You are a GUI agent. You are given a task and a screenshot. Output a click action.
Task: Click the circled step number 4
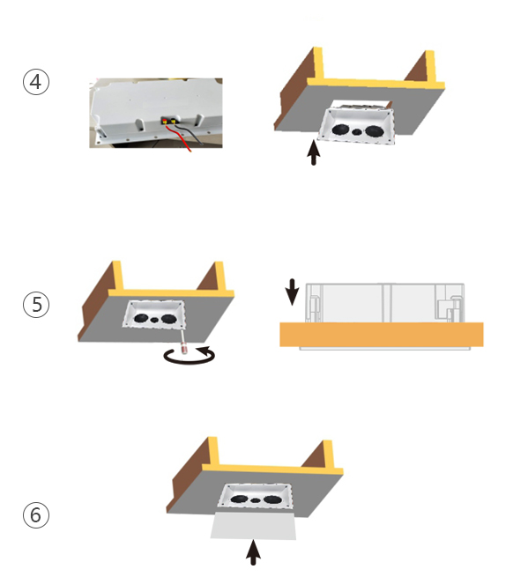point(36,82)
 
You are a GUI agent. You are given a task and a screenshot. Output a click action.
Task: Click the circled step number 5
point(36,305)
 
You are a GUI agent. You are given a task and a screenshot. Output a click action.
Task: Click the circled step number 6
point(36,515)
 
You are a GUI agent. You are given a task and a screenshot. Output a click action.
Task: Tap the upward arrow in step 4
point(314,152)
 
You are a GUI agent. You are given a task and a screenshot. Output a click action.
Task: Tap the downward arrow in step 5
point(292,292)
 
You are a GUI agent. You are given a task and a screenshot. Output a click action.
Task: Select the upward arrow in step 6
point(254,552)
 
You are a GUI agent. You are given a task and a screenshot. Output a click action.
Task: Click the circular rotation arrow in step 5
point(190,356)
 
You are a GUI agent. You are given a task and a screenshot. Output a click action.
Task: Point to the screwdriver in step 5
point(183,342)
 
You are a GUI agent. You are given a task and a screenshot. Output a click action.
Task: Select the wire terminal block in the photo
point(169,121)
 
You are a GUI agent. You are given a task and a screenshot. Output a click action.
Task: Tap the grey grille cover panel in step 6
point(254,526)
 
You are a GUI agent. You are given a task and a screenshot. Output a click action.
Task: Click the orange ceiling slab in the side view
point(382,335)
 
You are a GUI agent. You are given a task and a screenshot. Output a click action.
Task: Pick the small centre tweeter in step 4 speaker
point(357,131)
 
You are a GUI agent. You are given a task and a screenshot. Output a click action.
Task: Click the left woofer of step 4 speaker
point(340,129)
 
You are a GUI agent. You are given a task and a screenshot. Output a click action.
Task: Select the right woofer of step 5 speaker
point(169,319)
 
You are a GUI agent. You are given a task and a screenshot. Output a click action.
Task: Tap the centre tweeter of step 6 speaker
point(255,499)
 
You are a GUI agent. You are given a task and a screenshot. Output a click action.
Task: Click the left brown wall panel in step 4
point(294,89)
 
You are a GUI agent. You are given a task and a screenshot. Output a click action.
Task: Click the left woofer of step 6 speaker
point(240,499)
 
